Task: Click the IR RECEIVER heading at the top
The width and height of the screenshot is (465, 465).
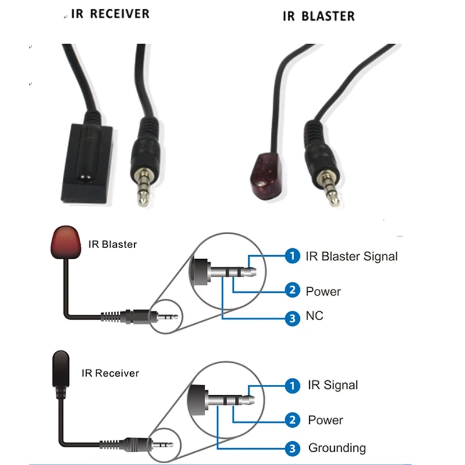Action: [110, 13]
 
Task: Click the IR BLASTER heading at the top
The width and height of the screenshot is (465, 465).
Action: [318, 15]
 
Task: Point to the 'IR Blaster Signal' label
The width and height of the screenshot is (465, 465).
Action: [352, 256]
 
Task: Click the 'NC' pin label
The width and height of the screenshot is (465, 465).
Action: [314, 316]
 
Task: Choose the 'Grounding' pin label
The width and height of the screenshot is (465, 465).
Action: [337, 448]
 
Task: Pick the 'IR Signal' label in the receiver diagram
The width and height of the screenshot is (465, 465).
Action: [332, 385]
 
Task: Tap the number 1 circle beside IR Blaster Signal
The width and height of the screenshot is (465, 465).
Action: [292, 256]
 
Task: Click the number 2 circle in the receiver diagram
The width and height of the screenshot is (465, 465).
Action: [292, 420]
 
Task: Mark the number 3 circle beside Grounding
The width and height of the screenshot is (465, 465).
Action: [292, 448]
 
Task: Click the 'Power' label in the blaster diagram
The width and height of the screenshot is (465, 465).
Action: [323, 291]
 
